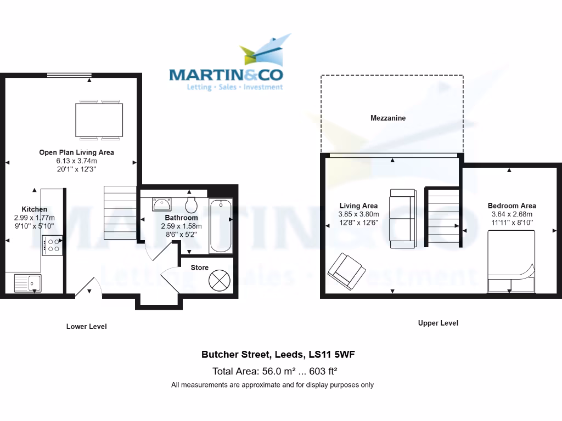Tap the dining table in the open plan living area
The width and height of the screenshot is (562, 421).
[100, 119]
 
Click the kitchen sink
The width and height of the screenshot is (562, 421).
[27, 283]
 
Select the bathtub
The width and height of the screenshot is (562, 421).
[221, 225]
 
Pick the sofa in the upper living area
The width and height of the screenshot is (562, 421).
[403, 218]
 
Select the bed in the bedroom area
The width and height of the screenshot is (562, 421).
[511, 261]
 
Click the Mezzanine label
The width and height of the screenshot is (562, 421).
[388, 118]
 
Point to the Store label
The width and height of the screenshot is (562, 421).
[200, 268]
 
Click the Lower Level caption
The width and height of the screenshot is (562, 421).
[87, 326]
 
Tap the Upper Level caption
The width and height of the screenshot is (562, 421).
[438, 323]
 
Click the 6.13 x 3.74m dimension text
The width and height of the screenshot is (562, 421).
[76, 161]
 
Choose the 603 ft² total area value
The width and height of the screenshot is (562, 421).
[329, 370]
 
